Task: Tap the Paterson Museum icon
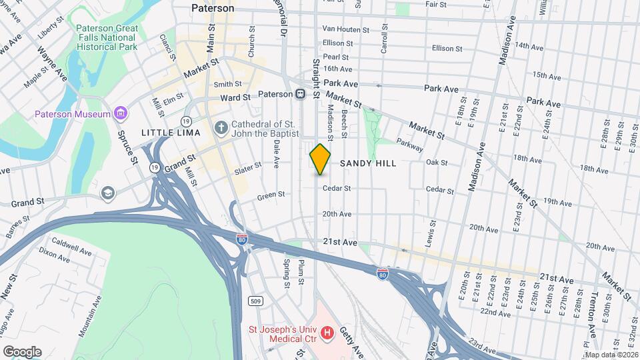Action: click(x=120, y=114)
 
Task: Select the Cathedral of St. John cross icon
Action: click(x=221, y=127)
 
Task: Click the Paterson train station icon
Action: click(x=301, y=94)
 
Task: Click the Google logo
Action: click(x=22, y=351)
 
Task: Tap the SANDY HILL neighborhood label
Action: click(x=368, y=163)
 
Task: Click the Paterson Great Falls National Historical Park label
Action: click(x=107, y=38)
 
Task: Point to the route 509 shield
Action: click(x=255, y=301)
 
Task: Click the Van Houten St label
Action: click(x=345, y=29)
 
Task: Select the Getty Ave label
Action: click(x=356, y=341)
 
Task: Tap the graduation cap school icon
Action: click(x=107, y=193)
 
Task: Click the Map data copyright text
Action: click(x=609, y=354)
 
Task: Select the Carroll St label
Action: click(x=385, y=40)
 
